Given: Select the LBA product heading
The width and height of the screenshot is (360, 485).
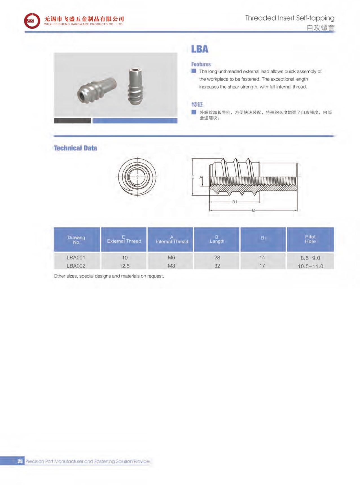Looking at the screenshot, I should coord(199,49).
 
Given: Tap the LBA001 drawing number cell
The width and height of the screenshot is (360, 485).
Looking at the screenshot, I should coord(76,258).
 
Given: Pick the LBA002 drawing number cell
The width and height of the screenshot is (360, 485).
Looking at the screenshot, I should coord(76,266).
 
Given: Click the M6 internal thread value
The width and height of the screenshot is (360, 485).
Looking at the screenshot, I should coord(171,258).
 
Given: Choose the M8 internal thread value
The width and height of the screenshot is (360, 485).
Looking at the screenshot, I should coord(171,266).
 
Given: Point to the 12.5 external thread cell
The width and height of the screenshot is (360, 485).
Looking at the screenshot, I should coord(124,266).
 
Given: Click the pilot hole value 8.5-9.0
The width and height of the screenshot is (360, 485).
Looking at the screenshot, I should coord(310,258).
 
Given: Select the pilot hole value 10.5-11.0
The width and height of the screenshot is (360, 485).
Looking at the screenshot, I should coord(310,266).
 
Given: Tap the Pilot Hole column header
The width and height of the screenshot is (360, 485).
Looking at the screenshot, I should coord(310,239).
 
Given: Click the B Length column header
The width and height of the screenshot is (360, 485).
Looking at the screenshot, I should coord(217,239).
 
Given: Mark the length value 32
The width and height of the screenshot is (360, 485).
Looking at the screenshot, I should coord(217,266).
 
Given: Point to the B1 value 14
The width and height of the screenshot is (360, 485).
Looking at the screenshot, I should coord(262,257).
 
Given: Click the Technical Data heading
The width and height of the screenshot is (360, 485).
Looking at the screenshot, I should coord(75,148).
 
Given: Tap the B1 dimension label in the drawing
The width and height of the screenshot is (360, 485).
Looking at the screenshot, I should coord(235,202).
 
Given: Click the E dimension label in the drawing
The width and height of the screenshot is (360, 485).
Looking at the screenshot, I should coord(193,177).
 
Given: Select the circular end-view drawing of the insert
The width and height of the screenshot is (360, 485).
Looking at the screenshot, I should coord(137,177).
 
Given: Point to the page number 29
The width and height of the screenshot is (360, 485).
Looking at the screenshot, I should coord(20,461).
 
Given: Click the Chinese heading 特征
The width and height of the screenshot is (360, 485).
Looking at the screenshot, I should coord(197,104).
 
